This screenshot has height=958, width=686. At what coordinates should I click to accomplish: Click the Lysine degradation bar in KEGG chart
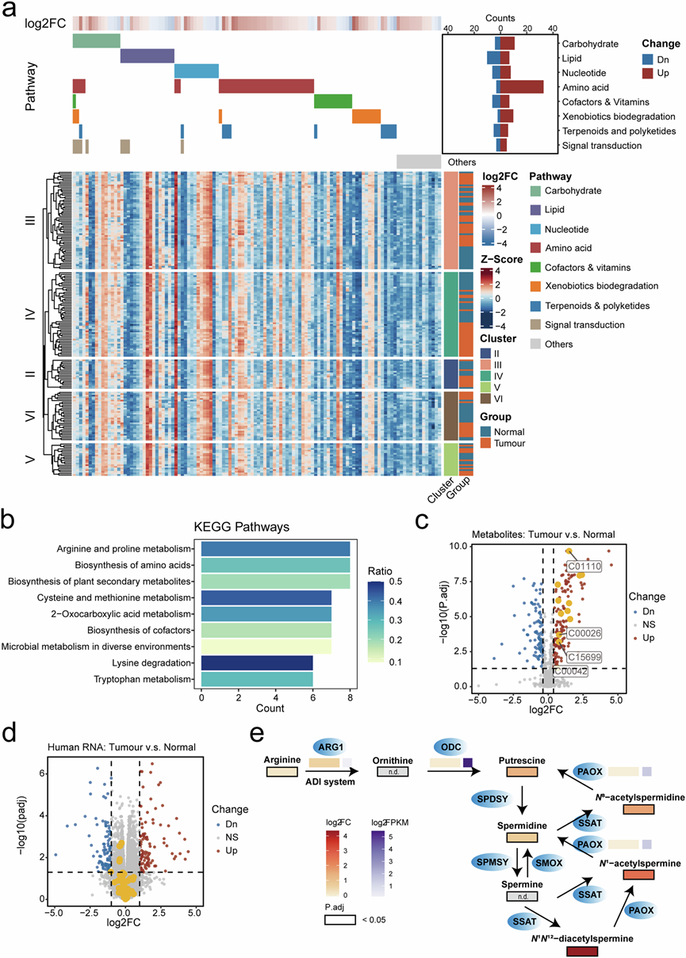(x=257, y=662)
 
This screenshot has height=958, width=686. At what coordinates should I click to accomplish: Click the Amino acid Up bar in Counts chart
(x=522, y=86)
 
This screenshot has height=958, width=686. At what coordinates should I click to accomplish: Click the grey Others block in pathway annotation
(x=419, y=161)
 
